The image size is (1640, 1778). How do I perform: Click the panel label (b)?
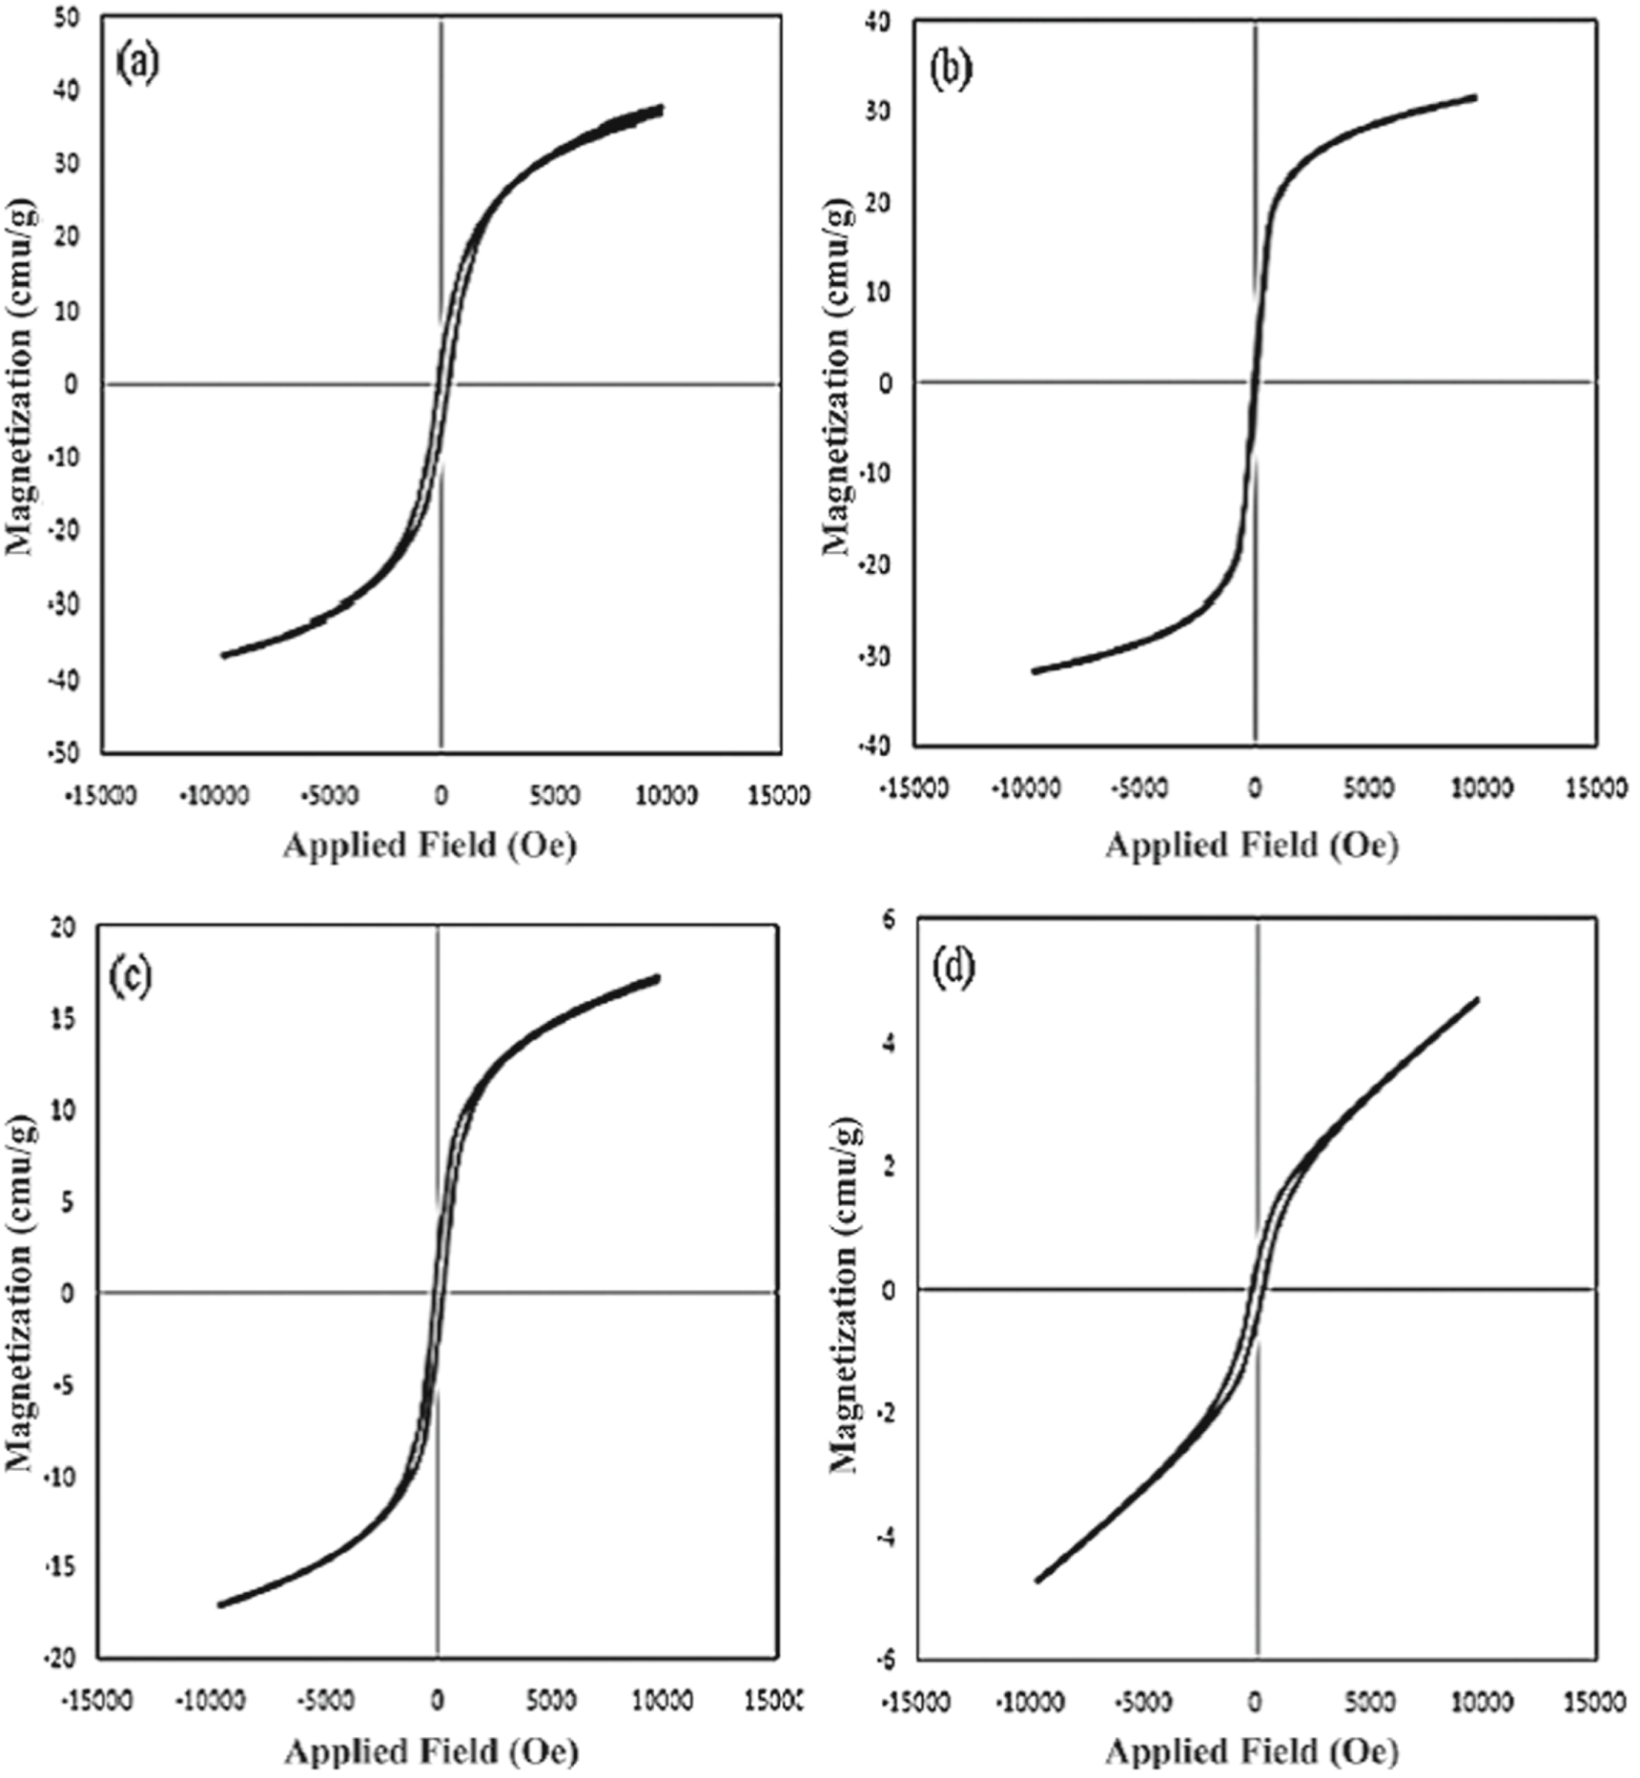[x=951, y=72]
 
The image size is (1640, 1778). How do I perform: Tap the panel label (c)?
[x=132, y=976]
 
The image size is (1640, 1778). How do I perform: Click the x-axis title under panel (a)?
[x=430, y=845]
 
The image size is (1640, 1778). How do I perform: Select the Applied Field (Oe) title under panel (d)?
[x=1252, y=1750]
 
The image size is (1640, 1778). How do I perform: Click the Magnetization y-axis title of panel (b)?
[x=838, y=377]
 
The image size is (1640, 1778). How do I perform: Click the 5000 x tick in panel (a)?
[x=553, y=794]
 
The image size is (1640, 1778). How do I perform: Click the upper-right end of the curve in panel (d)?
[x=1477, y=999]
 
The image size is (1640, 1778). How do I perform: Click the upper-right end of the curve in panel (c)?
[x=657, y=978]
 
